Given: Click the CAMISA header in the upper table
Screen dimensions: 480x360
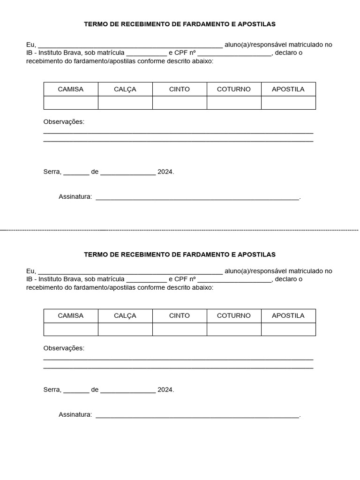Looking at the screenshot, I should pyautogui.click(x=71, y=89).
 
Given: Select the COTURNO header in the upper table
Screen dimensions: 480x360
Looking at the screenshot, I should pyautogui.click(x=234, y=89).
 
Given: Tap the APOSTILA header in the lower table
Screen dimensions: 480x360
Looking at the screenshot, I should pyautogui.click(x=288, y=315).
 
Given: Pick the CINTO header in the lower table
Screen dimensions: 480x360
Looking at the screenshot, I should pyautogui.click(x=180, y=315).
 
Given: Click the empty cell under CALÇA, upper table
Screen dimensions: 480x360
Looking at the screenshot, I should pyautogui.click(x=125, y=103).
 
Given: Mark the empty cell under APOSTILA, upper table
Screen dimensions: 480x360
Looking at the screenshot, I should pyautogui.click(x=288, y=103).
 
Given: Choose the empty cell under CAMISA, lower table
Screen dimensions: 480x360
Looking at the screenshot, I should pyautogui.click(x=71, y=329).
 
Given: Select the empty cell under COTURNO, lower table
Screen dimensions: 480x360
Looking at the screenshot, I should pyautogui.click(x=234, y=329).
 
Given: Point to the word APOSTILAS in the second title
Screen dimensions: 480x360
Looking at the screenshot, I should pyautogui.click(x=256, y=255).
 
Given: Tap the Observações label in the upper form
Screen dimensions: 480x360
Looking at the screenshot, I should pyautogui.click(x=64, y=122).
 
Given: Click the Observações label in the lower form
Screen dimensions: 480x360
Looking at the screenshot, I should pyautogui.click(x=64, y=348).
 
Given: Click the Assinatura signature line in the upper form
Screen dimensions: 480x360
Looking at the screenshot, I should pyautogui.click(x=197, y=198).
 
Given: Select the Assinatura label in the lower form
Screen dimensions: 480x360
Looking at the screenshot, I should pyautogui.click(x=75, y=414).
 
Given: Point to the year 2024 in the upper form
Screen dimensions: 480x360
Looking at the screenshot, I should pyautogui.click(x=165, y=172).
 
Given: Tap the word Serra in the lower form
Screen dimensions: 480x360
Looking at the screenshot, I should pyautogui.click(x=52, y=390).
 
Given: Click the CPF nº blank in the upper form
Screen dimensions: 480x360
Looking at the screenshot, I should pyautogui.click(x=234, y=54).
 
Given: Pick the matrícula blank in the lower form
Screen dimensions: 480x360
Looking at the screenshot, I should pyautogui.click(x=146, y=281).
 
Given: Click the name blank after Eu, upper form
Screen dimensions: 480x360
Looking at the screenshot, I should pyautogui.click(x=130, y=46).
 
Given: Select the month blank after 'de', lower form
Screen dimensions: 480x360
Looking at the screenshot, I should pyautogui.click(x=128, y=391).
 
